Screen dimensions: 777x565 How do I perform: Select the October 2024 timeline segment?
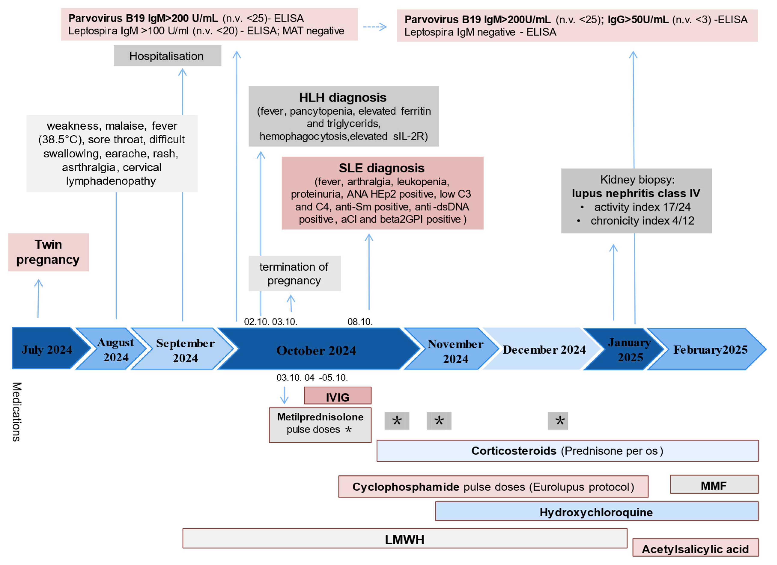pos(317,349)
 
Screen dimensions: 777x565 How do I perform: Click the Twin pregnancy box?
pos(48,252)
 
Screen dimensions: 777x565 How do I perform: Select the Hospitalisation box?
pos(167,56)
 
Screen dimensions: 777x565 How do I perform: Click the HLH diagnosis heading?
pos(343,98)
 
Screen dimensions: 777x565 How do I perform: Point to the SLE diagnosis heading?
pos(382,168)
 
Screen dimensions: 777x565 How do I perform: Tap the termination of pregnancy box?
pos(295,274)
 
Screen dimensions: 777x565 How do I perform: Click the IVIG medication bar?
pos(338,396)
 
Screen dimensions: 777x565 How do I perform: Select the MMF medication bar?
pos(714,485)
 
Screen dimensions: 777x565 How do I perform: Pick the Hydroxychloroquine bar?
pos(597,512)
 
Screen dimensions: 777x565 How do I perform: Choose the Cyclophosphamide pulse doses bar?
pos(493,486)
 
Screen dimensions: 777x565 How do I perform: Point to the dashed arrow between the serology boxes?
pos(375,27)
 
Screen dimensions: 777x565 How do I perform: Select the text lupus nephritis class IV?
pos(636,193)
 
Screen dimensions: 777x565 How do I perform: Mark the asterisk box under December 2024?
pos(558,421)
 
